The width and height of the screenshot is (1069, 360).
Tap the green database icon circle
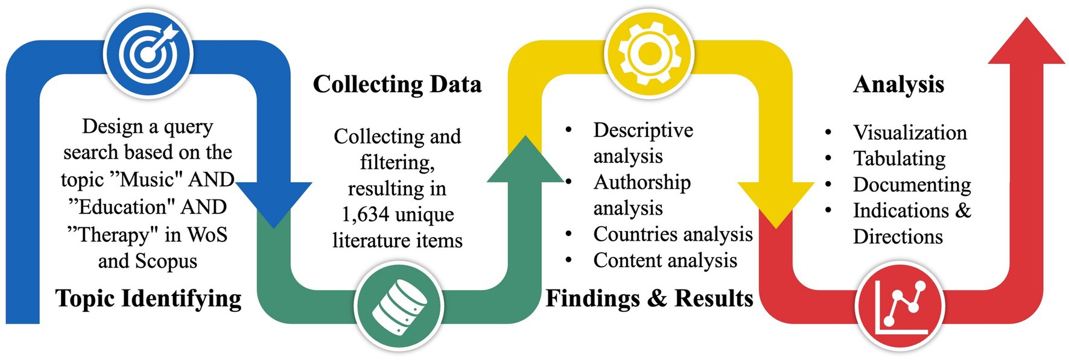pos(399,306)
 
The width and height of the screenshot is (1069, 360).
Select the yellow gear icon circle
pos(649,53)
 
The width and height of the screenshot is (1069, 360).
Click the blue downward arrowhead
pos(274,202)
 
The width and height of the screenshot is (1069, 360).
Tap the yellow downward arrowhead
pos(776,202)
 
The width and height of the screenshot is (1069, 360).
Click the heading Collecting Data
pos(397,84)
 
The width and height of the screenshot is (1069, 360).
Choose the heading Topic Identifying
pos(148,298)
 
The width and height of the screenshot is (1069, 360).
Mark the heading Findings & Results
pos(649,298)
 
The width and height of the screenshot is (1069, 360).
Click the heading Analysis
pos(898,84)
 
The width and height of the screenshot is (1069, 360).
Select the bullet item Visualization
pos(910,133)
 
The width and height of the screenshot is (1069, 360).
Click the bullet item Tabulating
pos(899,159)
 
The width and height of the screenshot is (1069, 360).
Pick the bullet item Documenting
pos(912,185)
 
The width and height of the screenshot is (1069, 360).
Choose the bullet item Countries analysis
pos(673,234)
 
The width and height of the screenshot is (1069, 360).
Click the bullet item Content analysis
pos(665,261)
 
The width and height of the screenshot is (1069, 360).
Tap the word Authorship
pos(642,182)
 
